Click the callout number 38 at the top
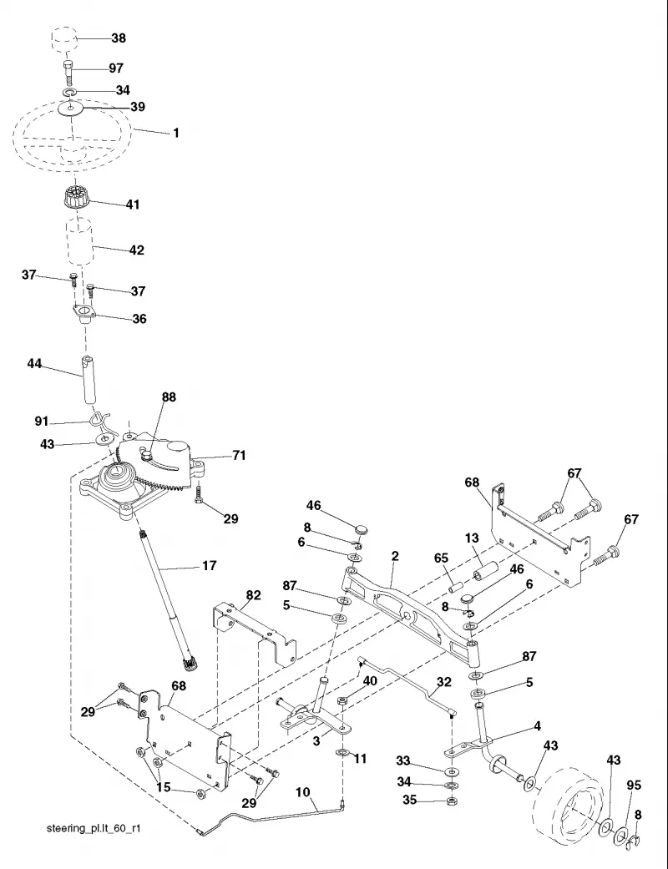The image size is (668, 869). [119, 38]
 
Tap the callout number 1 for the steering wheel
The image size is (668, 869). [176, 133]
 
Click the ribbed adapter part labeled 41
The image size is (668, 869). [73, 197]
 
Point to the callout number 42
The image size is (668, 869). [136, 250]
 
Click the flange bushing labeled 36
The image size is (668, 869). [83, 314]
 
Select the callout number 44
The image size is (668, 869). [34, 364]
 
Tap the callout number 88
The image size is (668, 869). [169, 397]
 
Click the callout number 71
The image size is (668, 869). [238, 455]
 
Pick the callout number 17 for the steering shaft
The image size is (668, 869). [209, 565]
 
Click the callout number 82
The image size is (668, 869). [253, 594]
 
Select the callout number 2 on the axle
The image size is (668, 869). [395, 556]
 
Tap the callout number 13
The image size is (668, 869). [472, 538]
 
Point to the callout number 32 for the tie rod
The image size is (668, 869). [444, 682]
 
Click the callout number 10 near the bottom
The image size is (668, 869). [302, 792]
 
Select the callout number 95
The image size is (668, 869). [634, 785]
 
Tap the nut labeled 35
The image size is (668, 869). [451, 801]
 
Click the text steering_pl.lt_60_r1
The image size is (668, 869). [94, 829]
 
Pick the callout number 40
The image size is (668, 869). [370, 680]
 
